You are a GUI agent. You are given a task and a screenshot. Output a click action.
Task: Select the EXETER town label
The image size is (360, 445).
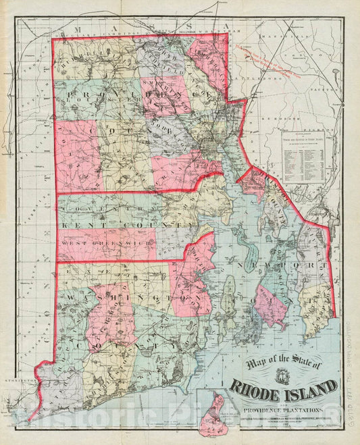tap(101, 269)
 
